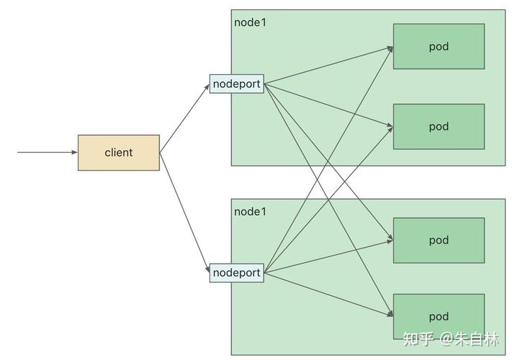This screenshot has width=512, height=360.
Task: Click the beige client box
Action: tap(119, 153)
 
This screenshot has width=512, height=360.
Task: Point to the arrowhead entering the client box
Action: tap(75, 152)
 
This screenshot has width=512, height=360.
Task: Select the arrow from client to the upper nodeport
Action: tap(184, 118)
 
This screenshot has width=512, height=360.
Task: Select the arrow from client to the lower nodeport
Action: tap(184, 213)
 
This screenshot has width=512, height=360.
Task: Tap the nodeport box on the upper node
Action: tap(236, 84)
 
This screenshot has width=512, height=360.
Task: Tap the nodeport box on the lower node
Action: tap(236, 273)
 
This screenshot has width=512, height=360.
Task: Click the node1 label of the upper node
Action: tap(250, 22)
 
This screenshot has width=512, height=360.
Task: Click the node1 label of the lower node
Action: tap(250, 212)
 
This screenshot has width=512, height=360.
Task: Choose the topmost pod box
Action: tap(439, 46)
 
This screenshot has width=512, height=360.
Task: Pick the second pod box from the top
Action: tap(439, 127)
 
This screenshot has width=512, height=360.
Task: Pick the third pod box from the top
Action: tap(439, 240)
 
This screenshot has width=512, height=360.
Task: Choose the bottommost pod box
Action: tap(439, 317)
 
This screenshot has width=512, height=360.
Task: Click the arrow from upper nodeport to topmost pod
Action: tap(328, 66)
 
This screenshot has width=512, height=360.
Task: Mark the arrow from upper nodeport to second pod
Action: tap(328, 105)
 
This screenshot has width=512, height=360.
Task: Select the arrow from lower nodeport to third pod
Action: tap(328, 256)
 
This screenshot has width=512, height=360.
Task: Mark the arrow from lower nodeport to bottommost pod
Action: tap(328, 294)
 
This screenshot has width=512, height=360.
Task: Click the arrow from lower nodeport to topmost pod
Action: tap(328, 159)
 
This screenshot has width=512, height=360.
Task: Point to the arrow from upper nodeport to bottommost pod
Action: tap(328, 200)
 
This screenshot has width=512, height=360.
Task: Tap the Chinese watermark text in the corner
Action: tap(451, 339)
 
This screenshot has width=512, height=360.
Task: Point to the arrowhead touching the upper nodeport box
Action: tap(207, 87)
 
